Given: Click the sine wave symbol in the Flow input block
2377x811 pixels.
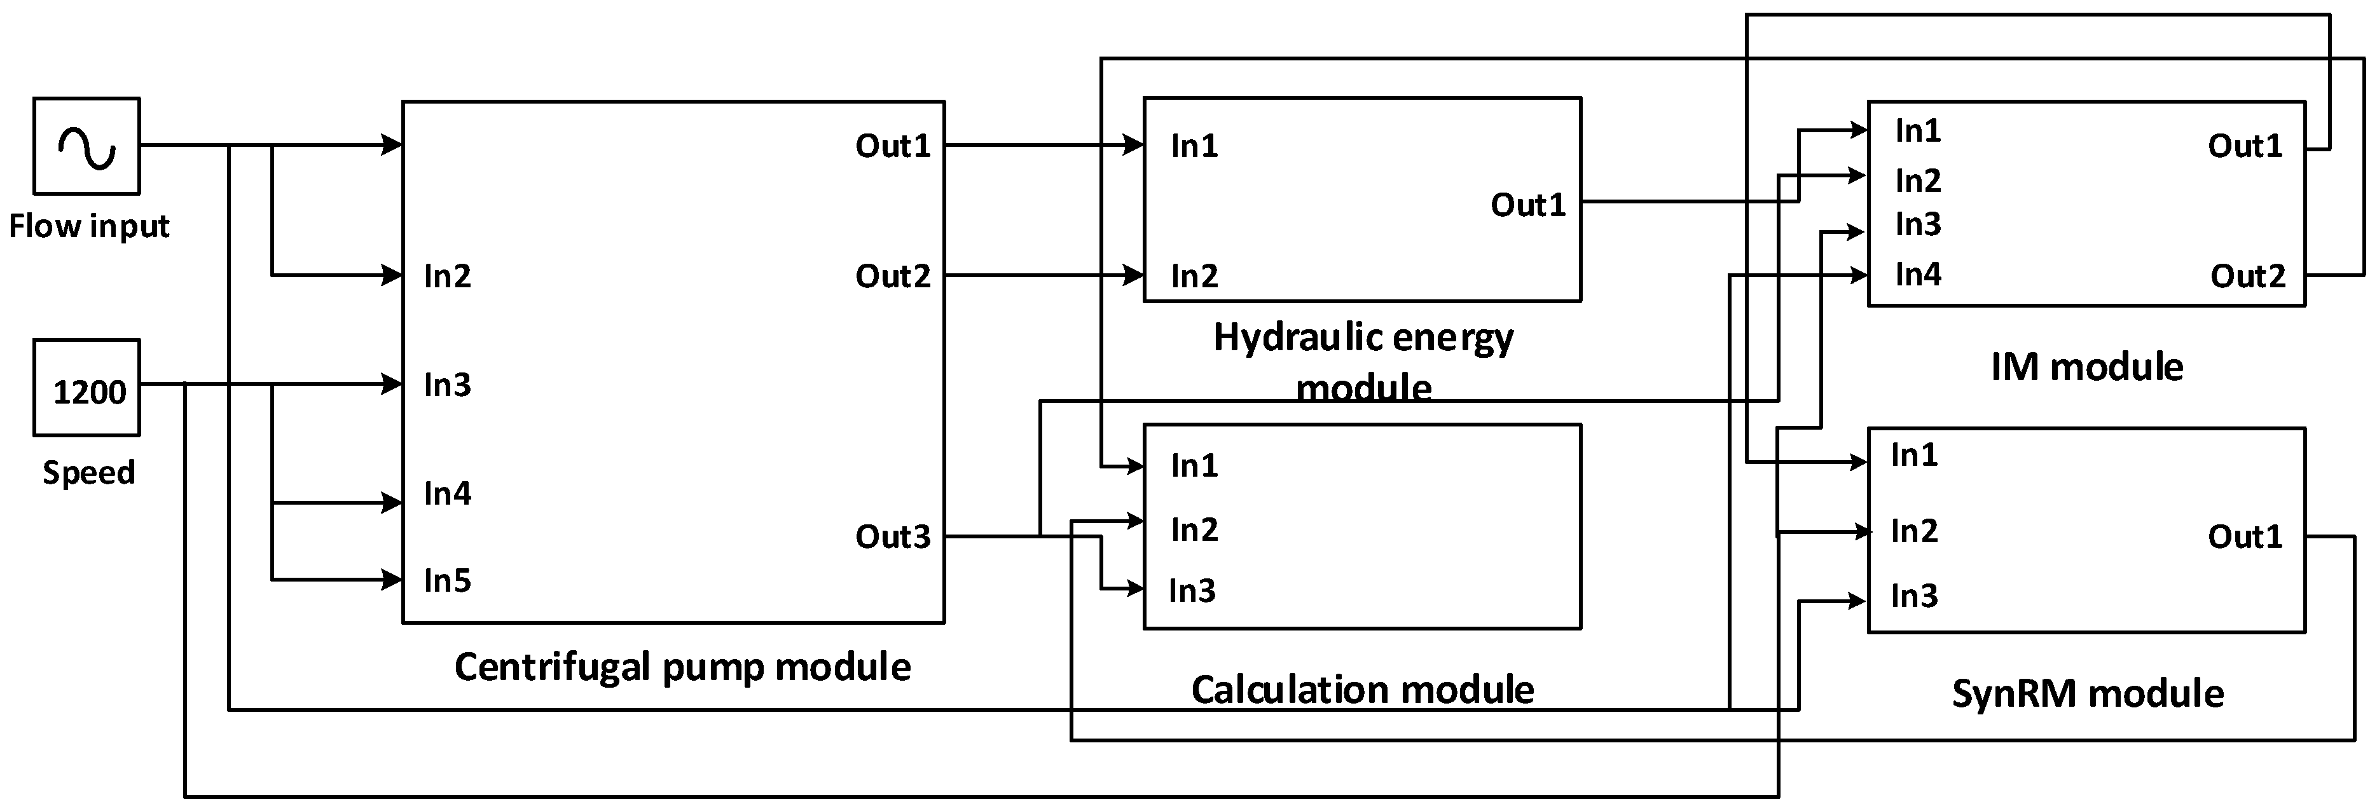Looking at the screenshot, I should click(x=86, y=147).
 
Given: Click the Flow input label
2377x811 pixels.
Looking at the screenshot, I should click(x=88, y=226).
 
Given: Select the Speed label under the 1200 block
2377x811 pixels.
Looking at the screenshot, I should click(x=88, y=472).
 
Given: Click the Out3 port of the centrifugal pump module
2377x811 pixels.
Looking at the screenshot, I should click(x=892, y=536).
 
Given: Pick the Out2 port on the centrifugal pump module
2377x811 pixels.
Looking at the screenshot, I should click(x=892, y=276).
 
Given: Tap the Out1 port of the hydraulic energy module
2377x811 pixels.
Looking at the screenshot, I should click(x=1528, y=205).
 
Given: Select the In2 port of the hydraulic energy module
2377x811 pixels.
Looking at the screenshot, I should click(x=1194, y=276).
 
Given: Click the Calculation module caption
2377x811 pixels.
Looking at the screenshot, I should click(x=1362, y=689).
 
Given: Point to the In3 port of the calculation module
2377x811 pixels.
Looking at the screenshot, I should click(x=1192, y=590).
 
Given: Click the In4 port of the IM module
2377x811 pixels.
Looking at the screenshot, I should click(x=1917, y=274).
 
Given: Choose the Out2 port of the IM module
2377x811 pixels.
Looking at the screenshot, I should click(x=2247, y=276).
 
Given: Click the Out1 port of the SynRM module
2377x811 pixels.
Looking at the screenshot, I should click(x=2244, y=536).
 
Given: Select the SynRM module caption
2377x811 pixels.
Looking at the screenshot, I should click(x=2087, y=693).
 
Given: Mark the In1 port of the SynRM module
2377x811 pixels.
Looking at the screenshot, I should click(x=1914, y=455).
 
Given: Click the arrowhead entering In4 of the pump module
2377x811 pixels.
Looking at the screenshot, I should click(x=393, y=503).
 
